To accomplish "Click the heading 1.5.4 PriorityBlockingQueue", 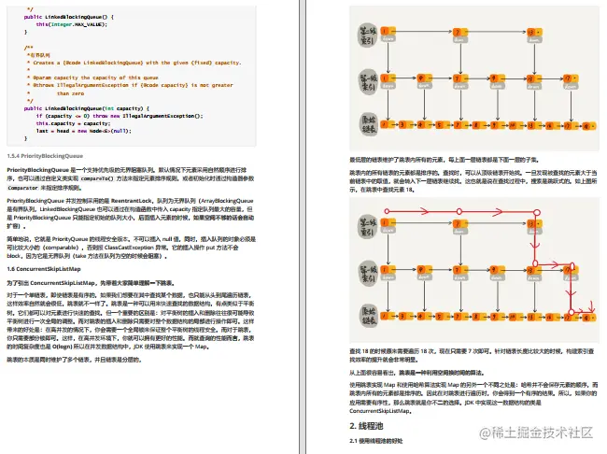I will tap(46, 156).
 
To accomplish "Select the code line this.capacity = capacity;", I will tap(74, 122).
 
